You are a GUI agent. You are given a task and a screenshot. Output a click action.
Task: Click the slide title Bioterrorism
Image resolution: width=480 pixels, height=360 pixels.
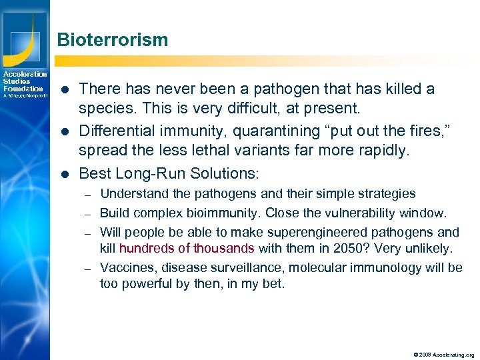[113, 40]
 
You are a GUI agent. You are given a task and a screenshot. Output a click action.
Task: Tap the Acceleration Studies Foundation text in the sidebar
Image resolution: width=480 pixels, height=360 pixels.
[24, 81]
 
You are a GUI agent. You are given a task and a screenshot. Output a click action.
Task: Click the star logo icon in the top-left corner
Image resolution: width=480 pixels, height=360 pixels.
[24, 29]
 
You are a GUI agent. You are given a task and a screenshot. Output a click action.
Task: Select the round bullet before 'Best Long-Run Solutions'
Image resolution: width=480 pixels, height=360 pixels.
[65, 174]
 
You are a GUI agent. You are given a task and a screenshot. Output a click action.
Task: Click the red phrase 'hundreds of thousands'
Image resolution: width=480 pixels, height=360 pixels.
[187, 249]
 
